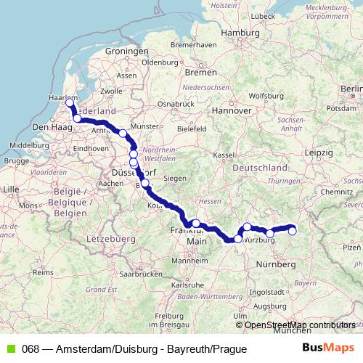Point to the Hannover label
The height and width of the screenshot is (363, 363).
pos(231,110)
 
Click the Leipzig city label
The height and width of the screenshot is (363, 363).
pos(319,153)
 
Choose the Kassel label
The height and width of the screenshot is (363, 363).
pos(225,155)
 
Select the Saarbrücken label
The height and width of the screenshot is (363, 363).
pos(139,274)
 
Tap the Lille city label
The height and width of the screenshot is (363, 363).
pos(12,189)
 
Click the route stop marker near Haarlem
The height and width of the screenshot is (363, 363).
pos(70,102)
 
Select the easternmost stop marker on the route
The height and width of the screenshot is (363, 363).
pos(293,231)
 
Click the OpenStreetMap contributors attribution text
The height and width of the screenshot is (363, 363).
pos(299,325)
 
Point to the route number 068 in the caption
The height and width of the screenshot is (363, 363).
pos(30,349)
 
